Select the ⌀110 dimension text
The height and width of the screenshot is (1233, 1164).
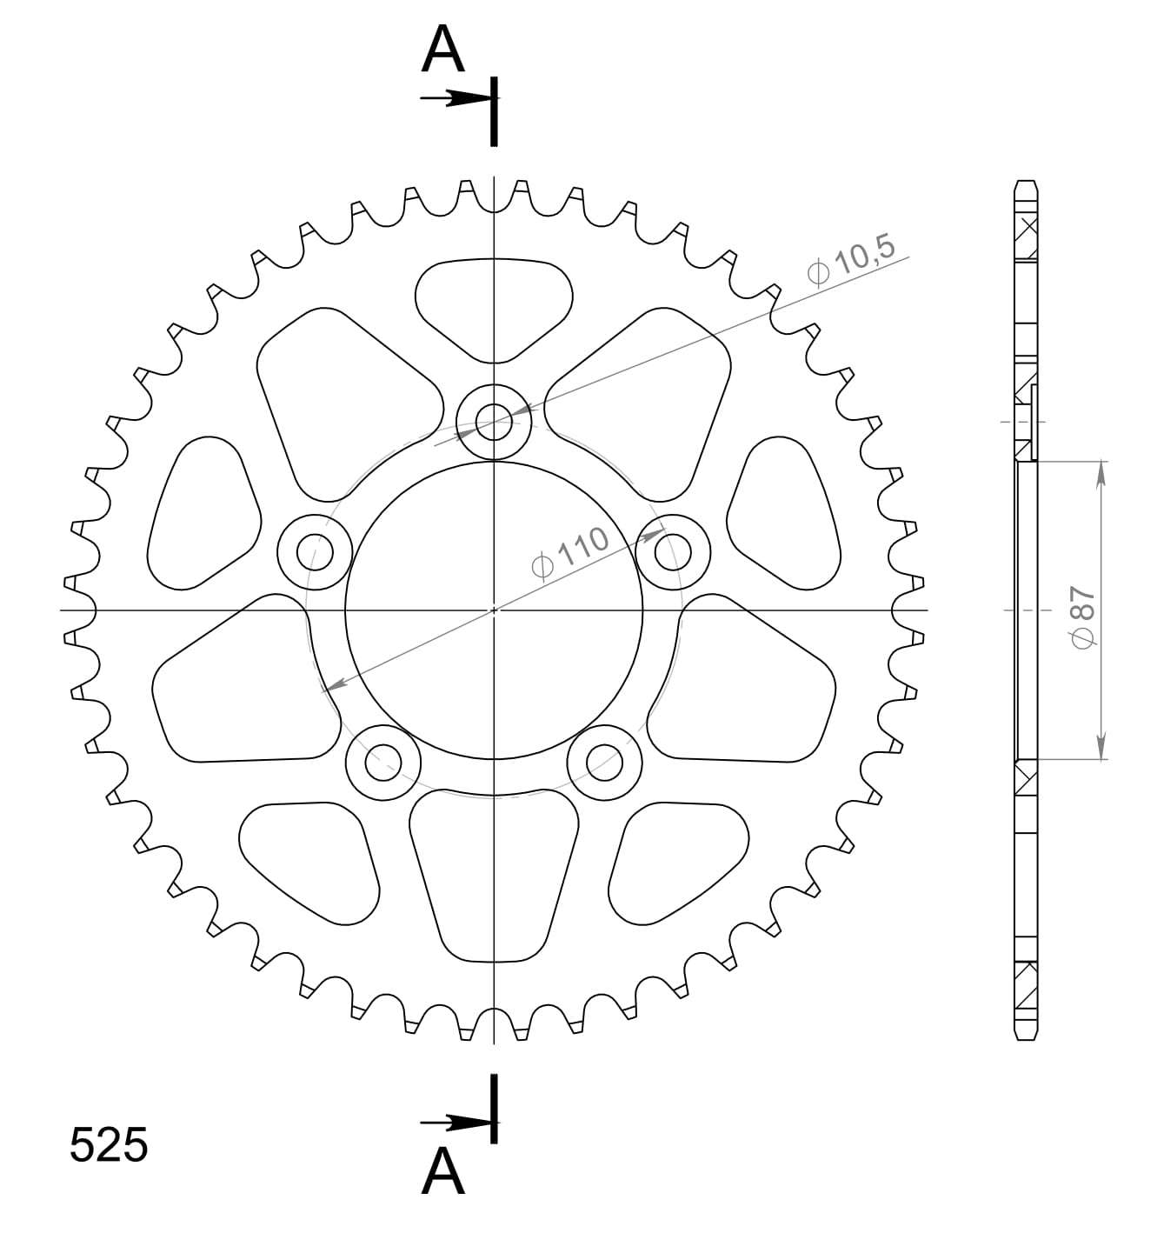click(570, 553)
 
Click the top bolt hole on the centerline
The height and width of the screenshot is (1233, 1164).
click(494, 422)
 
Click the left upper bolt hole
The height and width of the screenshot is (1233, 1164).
click(314, 551)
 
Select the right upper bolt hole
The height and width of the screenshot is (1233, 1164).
click(673, 551)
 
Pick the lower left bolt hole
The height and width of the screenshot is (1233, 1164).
click(382, 763)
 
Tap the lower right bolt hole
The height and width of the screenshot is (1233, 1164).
click(604, 763)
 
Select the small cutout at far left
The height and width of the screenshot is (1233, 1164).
click(204, 513)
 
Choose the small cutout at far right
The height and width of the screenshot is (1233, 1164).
click(783, 513)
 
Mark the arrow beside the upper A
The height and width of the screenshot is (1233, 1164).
click(452, 99)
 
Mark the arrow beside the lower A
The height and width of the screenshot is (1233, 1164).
click(452, 1123)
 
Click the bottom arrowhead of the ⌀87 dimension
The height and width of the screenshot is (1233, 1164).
click(1101, 748)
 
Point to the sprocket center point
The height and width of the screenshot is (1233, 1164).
click(494, 610)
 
